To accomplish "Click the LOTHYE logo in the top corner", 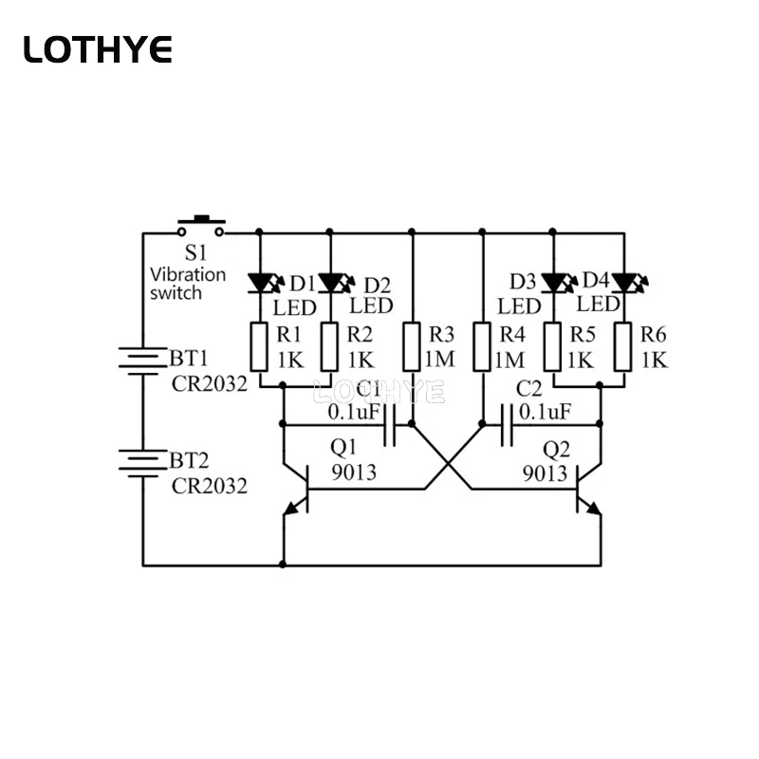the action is coord(98,49).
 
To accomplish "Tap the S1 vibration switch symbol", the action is coord(201,227).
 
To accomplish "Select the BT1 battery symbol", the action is coord(143,361).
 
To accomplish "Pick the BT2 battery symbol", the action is coord(143,463).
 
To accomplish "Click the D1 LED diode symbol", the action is coord(266,283).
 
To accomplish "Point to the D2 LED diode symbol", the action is coord(336,283).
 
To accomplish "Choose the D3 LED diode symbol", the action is coord(559,283).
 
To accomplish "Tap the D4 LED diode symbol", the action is coord(630,283).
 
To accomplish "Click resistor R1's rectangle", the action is coord(259,347).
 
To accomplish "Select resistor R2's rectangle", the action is coord(329,347).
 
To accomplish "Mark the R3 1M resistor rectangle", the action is coord(412,347).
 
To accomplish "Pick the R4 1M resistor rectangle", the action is coord(482,347).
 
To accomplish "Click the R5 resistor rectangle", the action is coord(553,347).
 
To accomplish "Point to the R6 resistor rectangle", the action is coord(623,347).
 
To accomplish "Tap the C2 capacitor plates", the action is coord(507,425).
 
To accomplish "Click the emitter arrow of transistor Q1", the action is coord(291,508).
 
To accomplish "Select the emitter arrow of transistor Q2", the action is coord(593,508).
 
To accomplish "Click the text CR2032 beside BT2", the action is coord(209,486).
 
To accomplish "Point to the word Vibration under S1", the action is coord(188,274).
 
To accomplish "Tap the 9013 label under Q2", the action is coord(545,472).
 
